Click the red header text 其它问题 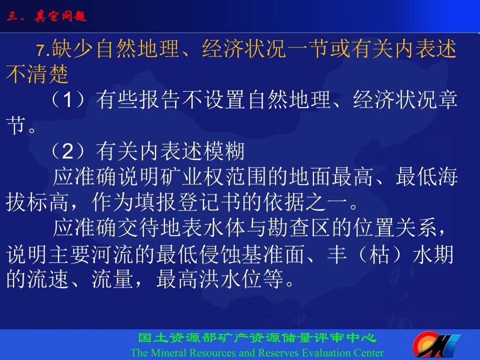[x=60, y=15]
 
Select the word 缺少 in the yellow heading [x=72, y=49]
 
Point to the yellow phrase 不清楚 [x=37, y=74]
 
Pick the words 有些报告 [x=138, y=99]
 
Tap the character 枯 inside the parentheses [x=379, y=254]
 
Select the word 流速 [x=48, y=279]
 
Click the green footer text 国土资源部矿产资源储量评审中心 [x=257, y=338]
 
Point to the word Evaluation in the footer [x=325, y=352]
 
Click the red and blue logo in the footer [x=437, y=345]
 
